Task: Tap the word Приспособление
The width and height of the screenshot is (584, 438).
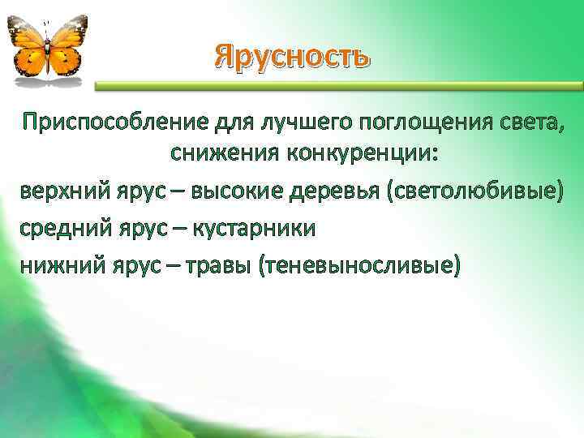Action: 117,122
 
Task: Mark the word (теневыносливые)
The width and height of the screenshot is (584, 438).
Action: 358,264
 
